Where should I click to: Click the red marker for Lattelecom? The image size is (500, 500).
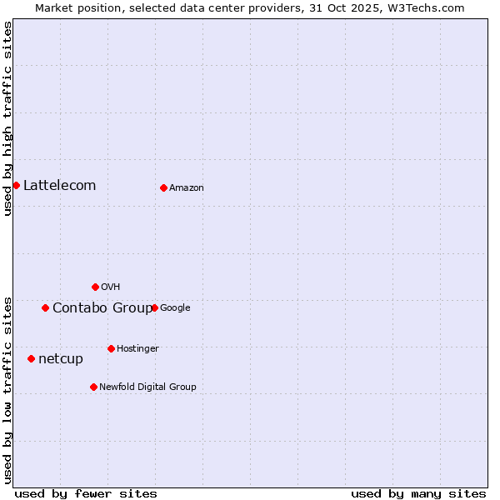(16, 185)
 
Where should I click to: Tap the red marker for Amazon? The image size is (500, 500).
(163, 187)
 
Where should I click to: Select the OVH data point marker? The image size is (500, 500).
(95, 287)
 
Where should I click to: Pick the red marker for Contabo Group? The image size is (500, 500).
(45, 307)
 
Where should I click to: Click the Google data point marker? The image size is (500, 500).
(154, 307)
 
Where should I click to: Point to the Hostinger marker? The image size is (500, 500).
(111, 348)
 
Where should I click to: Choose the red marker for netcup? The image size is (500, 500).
(31, 358)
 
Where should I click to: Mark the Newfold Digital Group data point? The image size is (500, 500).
(93, 387)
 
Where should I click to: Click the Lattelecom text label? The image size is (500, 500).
(59, 185)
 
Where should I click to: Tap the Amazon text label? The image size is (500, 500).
(186, 187)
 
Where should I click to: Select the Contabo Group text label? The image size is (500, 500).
(102, 307)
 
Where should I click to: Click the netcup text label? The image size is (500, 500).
(60, 358)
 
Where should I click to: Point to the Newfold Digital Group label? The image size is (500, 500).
(147, 387)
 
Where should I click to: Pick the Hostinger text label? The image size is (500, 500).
(137, 348)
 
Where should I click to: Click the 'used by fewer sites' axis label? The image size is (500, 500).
(86, 493)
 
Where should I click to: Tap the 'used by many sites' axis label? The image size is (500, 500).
(418, 493)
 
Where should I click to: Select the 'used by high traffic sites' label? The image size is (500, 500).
(7, 118)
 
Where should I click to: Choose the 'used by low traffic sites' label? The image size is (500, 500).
(7, 389)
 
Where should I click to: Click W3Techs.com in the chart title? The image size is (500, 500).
(429, 7)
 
